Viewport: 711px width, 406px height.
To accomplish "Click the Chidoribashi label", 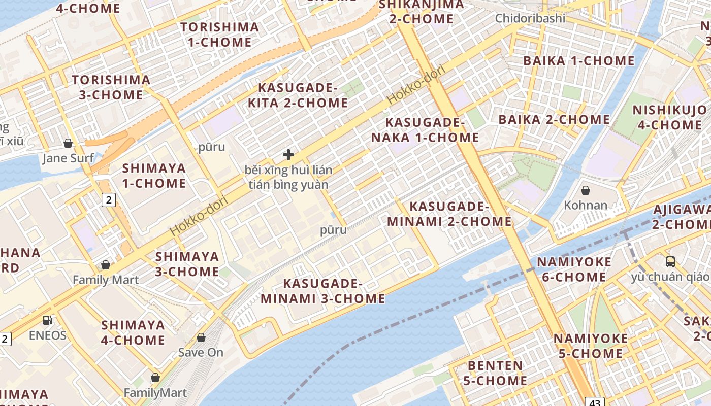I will click(530, 18).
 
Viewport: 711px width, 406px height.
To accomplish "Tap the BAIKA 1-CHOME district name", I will click(579, 61).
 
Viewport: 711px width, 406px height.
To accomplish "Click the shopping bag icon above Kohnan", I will click(586, 190).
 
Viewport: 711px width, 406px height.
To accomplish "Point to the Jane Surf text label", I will click(68, 158).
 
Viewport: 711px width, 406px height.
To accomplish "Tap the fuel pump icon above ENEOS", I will click(47, 320).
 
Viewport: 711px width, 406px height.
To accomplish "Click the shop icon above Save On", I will click(201, 337).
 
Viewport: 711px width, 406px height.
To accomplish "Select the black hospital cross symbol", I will click(288, 155).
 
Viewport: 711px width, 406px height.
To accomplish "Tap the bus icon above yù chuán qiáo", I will click(670, 262).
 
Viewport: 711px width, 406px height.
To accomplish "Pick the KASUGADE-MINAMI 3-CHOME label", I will click(323, 291).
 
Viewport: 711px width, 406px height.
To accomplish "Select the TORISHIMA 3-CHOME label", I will click(111, 87).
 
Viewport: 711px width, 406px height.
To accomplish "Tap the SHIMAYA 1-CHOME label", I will click(154, 176).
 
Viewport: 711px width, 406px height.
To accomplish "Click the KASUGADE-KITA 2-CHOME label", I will click(298, 95).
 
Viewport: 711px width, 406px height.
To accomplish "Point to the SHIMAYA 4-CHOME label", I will click(133, 332).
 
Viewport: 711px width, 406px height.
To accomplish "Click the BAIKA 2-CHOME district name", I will click(554, 120).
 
